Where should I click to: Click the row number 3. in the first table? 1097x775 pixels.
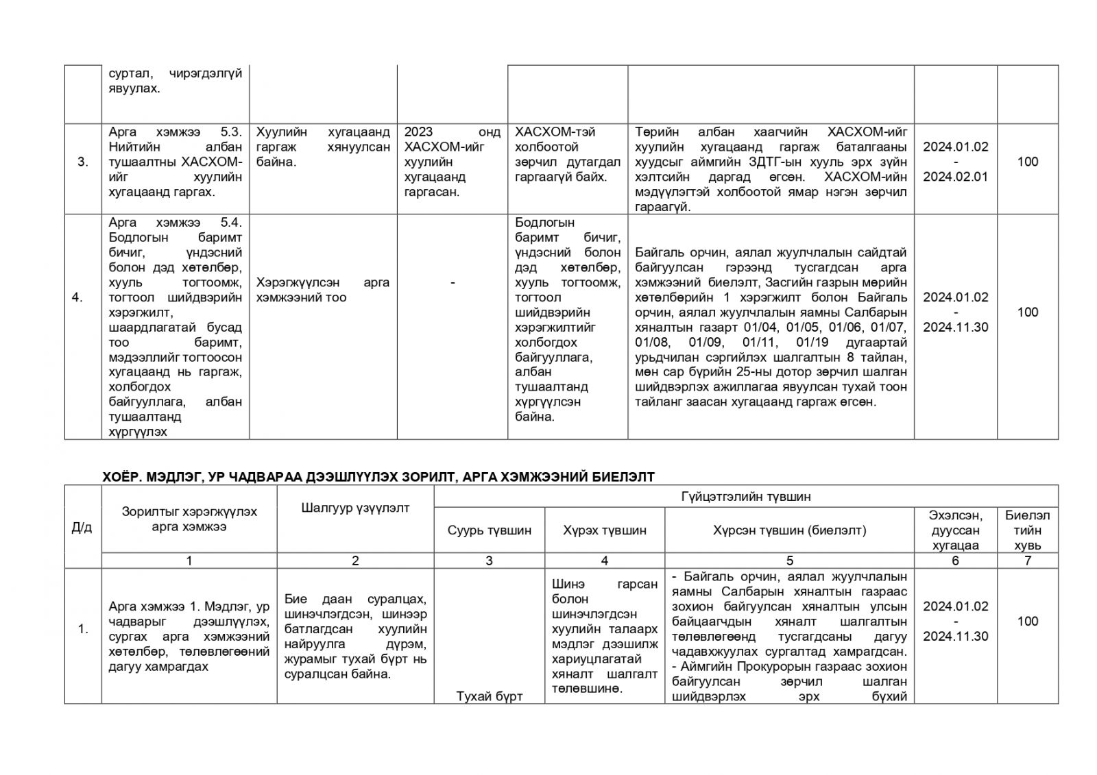point(82,162)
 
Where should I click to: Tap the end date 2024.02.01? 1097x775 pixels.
point(955,177)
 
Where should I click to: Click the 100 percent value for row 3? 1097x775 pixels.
point(1027,162)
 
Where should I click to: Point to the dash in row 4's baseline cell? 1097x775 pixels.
point(453,282)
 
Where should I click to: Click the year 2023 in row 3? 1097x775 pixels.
point(419,132)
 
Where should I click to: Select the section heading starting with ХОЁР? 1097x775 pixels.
point(378,476)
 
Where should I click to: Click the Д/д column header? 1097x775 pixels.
point(82,527)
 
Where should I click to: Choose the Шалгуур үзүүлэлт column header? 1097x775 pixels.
point(355,508)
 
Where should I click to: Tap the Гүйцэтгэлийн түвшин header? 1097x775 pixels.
point(746,497)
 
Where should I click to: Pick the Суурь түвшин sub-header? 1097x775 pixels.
point(489,530)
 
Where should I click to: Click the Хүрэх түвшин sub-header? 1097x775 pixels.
point(604,530)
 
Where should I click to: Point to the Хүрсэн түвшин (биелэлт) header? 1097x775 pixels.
point(789,530)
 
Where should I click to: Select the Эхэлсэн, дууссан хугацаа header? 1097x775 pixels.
point(955,530)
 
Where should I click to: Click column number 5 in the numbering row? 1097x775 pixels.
point(790,561)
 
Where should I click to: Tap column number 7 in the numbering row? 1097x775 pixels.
point(1027,561)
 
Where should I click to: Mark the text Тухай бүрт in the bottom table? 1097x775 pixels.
point(489,696)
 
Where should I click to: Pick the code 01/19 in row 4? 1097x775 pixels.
point(814,342)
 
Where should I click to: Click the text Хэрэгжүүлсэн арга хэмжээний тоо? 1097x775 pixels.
point(322,290)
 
